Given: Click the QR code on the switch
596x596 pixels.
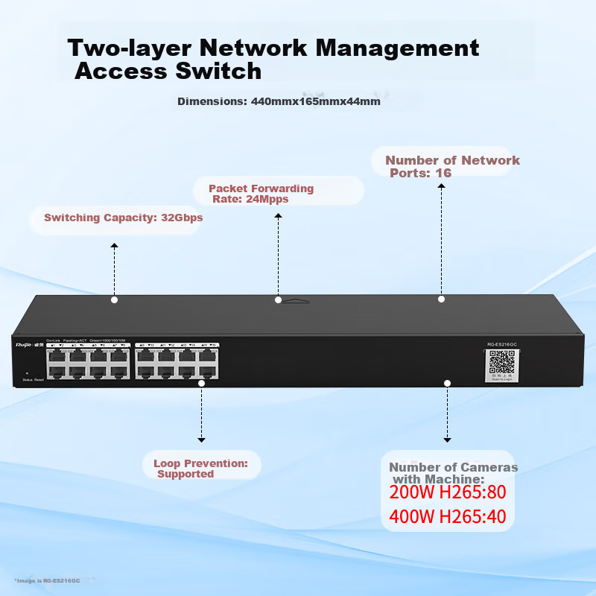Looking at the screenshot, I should coord(501,361).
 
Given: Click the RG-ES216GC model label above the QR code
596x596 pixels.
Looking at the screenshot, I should coord(501,344).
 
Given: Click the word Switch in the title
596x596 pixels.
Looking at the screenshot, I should coord(223,72).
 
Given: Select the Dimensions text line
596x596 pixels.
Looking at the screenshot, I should coord(279,101).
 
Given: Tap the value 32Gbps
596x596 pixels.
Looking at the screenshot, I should coord(182,218).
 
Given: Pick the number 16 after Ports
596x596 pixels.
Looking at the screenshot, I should coord(443,173).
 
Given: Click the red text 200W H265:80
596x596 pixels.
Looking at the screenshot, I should coord(447,492).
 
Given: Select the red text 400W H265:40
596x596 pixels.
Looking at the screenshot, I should coord(447,516).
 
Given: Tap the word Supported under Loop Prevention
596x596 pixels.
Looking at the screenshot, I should coord(186,474).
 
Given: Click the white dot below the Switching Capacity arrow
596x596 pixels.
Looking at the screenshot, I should coord(114,299).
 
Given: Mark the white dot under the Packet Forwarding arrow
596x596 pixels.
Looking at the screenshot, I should coord(278,299).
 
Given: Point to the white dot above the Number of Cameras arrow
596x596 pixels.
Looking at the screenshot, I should coord(447,383).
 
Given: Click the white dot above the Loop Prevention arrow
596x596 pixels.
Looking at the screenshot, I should coord(201,383).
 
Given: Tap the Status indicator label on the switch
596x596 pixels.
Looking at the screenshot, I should coord(27,380).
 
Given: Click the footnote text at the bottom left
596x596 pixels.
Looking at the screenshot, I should coord(46,580).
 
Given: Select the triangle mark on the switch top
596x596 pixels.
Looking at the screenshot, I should coord(297,301).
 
